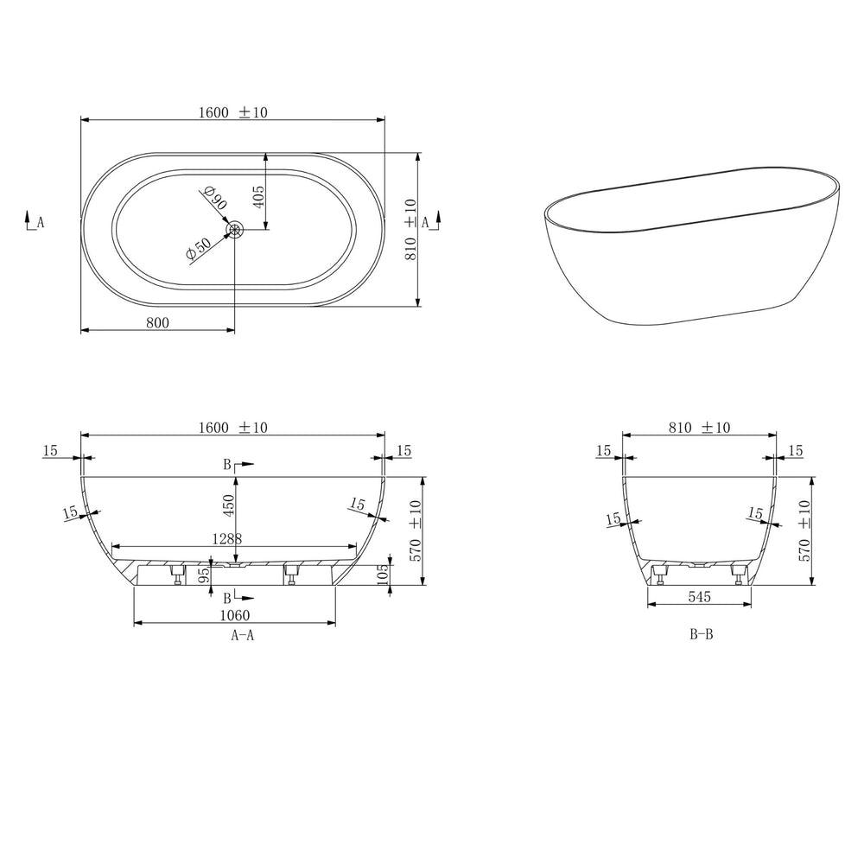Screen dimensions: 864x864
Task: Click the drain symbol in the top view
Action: coord(235,229)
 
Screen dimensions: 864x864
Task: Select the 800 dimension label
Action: coord(156,322)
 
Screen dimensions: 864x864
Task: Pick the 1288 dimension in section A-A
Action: coord(226,537)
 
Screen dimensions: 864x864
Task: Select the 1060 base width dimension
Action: coord(234,615)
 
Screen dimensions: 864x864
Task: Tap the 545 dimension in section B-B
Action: coord(701,597)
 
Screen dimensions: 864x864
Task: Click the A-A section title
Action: coord(242,635)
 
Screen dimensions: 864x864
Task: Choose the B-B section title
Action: coord(701,635)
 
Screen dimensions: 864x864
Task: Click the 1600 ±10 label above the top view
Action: coord(232,112)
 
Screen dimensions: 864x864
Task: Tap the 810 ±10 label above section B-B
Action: coord(699,427)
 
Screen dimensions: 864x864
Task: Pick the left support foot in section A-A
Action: coord(176,574)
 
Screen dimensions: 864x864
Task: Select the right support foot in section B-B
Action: coord(740,574)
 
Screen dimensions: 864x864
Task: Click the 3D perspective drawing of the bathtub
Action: coord(691,242)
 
